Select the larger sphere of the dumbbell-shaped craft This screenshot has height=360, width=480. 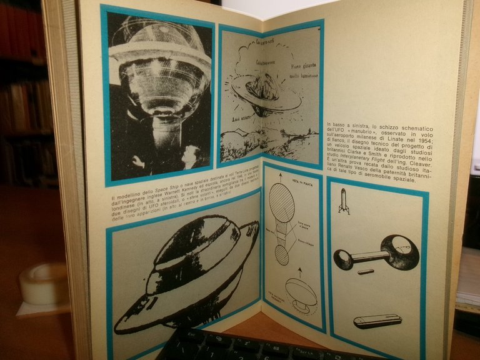coord(397,252)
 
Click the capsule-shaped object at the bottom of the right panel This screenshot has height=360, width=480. coord(377,321)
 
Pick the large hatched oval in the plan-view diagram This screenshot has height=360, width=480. coord(282,203)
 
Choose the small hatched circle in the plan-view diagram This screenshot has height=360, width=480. coord(282,254)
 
